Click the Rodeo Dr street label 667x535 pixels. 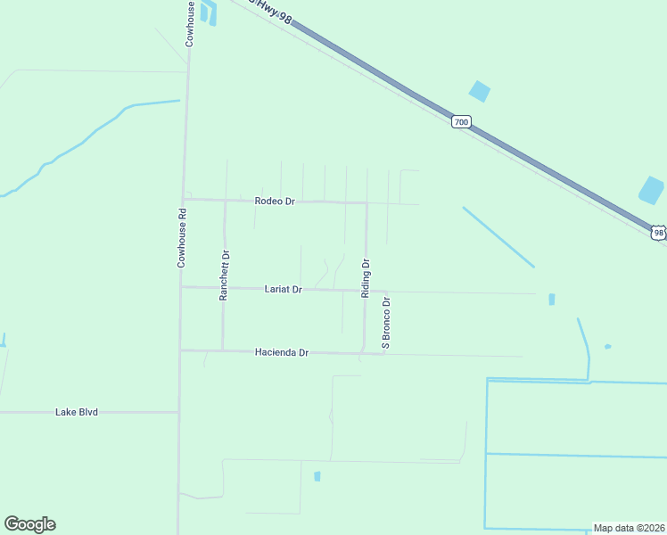click(274, 202)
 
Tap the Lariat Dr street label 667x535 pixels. click(284, 289)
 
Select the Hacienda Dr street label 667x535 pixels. click(281, 353)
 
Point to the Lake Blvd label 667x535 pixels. click(76, 412)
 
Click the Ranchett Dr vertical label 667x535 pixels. click(225, 275)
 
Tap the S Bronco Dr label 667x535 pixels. click(387, 323)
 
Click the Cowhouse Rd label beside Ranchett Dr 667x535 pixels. click(181, 238)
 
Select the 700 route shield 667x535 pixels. click(460, 121)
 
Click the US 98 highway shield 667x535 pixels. click(658, 233)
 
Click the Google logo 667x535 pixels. click(29, 524)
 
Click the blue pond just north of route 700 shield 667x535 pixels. click(480, 91)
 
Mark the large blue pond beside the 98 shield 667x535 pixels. click(651, 190)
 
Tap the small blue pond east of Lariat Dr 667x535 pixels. click(551, 300)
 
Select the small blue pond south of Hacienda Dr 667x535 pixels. click(317, 476)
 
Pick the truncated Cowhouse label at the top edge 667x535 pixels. click(190, 23)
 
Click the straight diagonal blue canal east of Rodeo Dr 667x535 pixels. click(498, 236)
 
